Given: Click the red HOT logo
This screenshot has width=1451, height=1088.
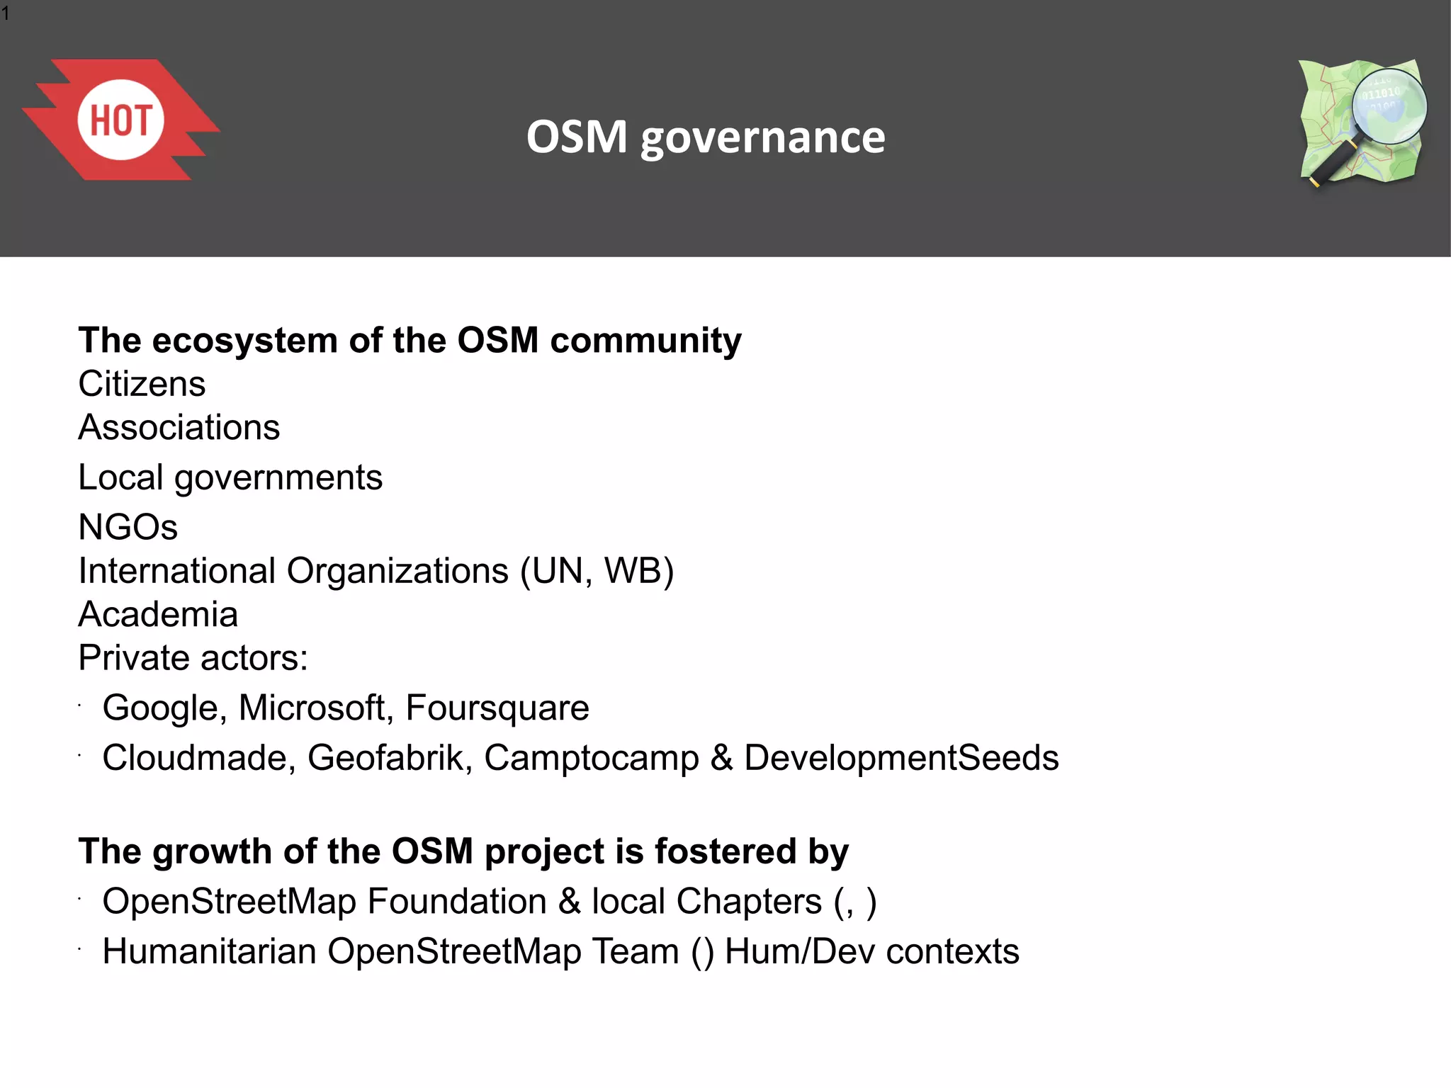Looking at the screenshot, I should point(120,120).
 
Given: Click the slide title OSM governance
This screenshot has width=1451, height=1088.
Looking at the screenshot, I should point(706,137).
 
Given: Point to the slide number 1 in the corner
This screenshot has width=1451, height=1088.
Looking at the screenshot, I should point(6,13).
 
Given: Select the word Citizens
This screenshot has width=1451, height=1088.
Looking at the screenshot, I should point(142,384).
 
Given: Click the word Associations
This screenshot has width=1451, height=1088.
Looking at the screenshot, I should point(179,428).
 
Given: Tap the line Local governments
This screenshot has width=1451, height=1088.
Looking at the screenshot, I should point(230,477).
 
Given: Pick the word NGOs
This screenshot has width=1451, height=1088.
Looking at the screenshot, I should point(128,527).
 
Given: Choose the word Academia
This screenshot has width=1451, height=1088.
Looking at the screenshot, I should point(157,614).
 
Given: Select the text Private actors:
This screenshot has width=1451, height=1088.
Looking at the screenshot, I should point(193,658).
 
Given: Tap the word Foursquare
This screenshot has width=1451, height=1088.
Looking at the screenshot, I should point(497,708).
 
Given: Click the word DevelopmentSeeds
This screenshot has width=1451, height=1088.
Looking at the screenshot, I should point(900,758).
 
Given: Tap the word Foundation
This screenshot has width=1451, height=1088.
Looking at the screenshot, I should point(457,902).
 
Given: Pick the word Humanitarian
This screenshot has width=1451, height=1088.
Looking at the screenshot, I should point(209,951).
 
